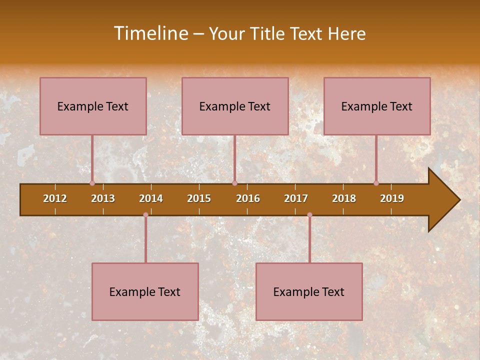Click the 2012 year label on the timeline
55,198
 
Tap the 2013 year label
103,198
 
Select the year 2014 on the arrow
151,198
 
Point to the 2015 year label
199,198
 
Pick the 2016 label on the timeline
248,198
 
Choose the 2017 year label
296,198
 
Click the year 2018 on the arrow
344,198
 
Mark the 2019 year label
392,198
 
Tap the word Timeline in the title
150,33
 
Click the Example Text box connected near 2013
93,106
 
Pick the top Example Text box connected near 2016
235,106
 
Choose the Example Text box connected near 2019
377,106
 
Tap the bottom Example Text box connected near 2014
145,291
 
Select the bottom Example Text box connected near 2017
309,291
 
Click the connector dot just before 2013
92,183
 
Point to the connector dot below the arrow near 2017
309,215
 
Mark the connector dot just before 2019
376,183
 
